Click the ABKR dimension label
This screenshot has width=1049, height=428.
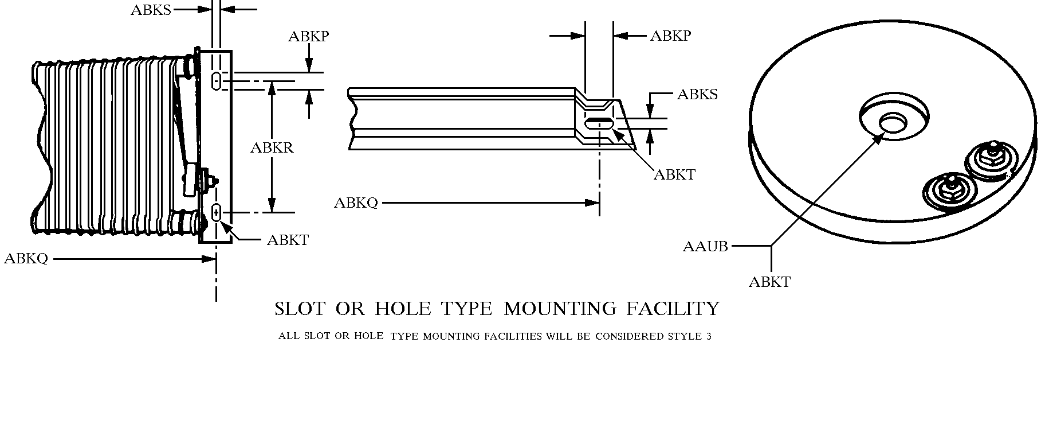(x=272, y=148)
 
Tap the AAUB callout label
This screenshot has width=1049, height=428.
(x=705, y=247)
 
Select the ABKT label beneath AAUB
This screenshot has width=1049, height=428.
(x=769, y=282)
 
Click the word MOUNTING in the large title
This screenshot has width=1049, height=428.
(x=559, y=309)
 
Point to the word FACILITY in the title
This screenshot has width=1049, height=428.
(x=672, y=309)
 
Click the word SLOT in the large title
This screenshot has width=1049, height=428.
(x=300, y=309)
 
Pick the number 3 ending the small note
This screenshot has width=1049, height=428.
(x=709, y=336)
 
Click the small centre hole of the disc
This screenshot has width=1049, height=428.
(x=893, y=123)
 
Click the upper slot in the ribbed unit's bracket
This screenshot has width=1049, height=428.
(x=217, y=80)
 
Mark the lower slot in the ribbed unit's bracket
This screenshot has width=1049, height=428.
(x=217, y=213)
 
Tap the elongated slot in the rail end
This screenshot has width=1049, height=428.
(x=599, y=121)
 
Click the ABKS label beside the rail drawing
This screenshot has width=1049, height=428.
(x=697, y=95)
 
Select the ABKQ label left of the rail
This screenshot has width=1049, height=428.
(x=356, y=203)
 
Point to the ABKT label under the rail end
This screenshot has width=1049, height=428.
(x=674, y=174)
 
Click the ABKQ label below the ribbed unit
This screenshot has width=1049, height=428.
(x=26, y=259)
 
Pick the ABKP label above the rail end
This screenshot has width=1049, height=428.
(x=670, y=36)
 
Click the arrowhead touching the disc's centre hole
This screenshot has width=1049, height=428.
(x=880, y=138)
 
